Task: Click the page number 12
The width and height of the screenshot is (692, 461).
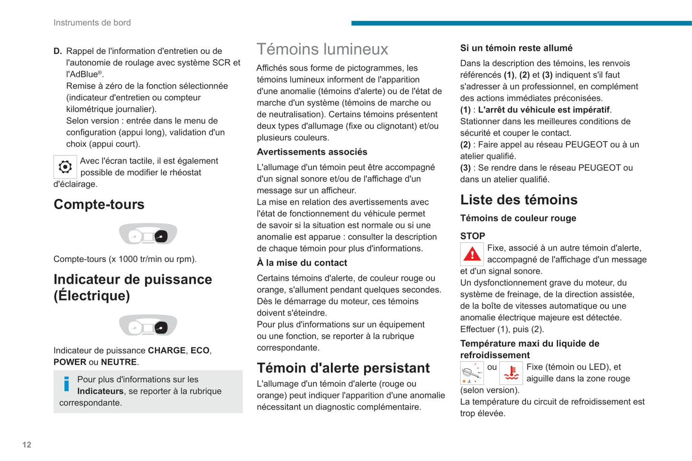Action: tap(27, 445)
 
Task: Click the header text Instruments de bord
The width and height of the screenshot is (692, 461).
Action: tap(92, 22)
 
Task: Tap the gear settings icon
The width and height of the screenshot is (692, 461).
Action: tap(65, 167)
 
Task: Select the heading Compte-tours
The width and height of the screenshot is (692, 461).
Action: tap(99, 204)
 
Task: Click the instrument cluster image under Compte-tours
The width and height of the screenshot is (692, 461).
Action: tap(148, 234)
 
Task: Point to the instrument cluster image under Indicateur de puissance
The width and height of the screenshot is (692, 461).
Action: tap(148, 326)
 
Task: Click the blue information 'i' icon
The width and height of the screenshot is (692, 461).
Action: tap(66, 384)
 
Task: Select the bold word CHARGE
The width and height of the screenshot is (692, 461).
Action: tap(167, 351)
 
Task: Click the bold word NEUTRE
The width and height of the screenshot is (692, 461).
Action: tap(119, 362)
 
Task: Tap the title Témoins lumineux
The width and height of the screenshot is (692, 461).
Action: tap(322, 49)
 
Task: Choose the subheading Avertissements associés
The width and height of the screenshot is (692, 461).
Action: tap(312, 152)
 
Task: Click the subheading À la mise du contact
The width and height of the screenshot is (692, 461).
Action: tap(302, 263)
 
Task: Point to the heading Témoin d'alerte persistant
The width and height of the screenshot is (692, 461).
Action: tap(343, 368)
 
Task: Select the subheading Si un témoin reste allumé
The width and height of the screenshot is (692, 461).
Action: tap(516, 48)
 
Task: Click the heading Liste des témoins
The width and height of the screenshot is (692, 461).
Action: tap(519, 199)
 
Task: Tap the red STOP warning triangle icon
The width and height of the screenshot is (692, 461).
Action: tap(472, 254)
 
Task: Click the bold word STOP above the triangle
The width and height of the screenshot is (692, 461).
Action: tap(473, 236)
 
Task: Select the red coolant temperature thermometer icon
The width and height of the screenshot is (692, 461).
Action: tap(511, 373)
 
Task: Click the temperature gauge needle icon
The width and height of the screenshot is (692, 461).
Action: tap(472, 373)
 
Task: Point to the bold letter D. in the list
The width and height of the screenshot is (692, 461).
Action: tap(57, 51)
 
